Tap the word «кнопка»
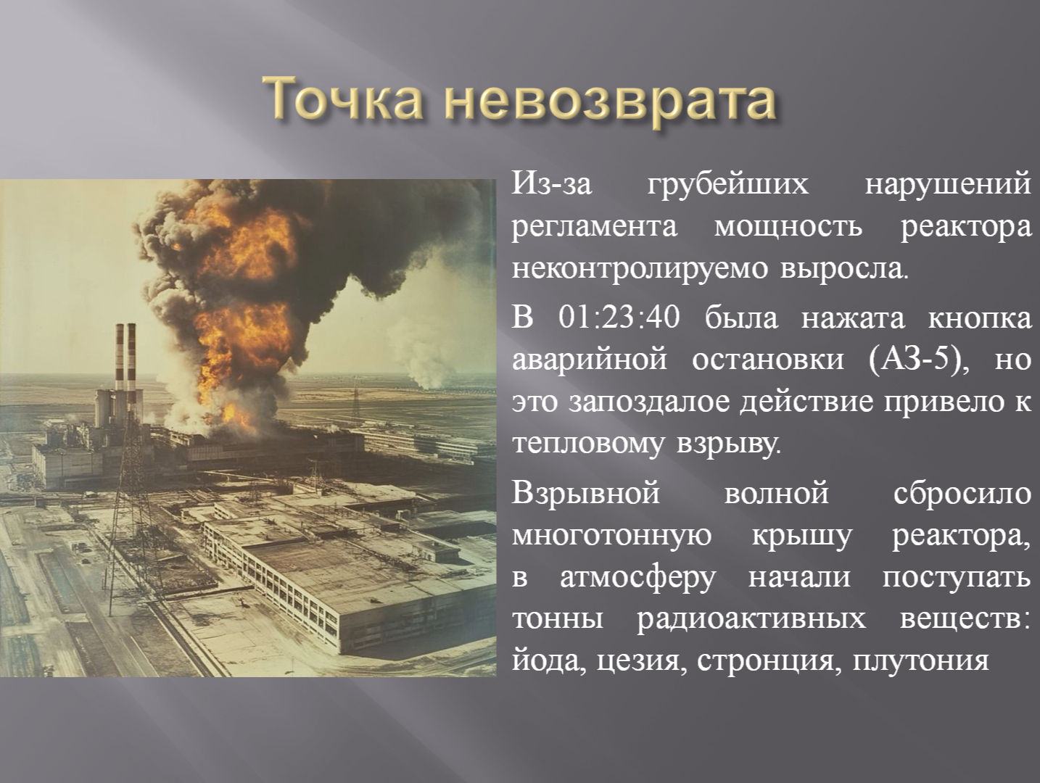pyautogui.click(x=979, y=319)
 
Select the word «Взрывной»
pyautogui.click(x=585, y=492)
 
